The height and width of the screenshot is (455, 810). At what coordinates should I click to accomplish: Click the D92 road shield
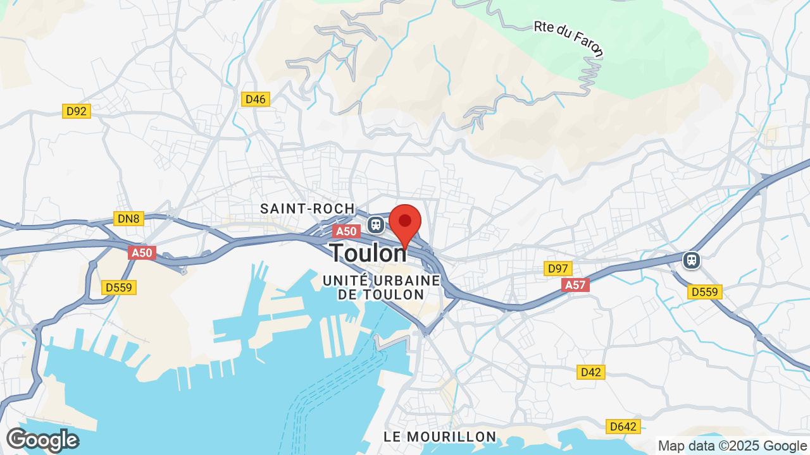[x=77, y=111]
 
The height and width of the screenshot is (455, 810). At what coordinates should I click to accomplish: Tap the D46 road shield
[x=256, y=99]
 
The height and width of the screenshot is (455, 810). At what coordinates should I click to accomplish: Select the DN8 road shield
[x=130, y=219]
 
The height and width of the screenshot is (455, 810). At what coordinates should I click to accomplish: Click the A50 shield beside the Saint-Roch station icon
[x=346, y=231]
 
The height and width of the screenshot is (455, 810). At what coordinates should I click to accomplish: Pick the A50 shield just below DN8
[x=142, y=253]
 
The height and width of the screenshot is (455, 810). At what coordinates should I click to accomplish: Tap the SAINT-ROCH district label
[x=308, y=209]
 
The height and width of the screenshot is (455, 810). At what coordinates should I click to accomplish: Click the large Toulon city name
[x=368, y=253]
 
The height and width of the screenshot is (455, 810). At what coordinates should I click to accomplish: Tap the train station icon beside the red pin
[x=375, y=224]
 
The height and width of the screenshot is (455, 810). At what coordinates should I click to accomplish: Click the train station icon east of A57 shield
[x=692, y=260]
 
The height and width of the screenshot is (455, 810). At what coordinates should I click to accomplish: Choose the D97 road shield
[x=558, y=269]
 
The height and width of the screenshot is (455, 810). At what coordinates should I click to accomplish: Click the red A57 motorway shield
[x=575, y=285]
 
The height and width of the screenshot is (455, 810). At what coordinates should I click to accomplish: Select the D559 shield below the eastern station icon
[x=705, y=291]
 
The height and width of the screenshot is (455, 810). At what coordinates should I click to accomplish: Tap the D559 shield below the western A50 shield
[x=118, y=288]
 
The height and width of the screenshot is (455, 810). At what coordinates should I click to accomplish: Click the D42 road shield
[x=590, y=372]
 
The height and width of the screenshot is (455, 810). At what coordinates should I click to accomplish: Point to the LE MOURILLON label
[x=440, y=437]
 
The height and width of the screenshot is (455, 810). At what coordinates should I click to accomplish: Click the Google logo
[x=42, y=440]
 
